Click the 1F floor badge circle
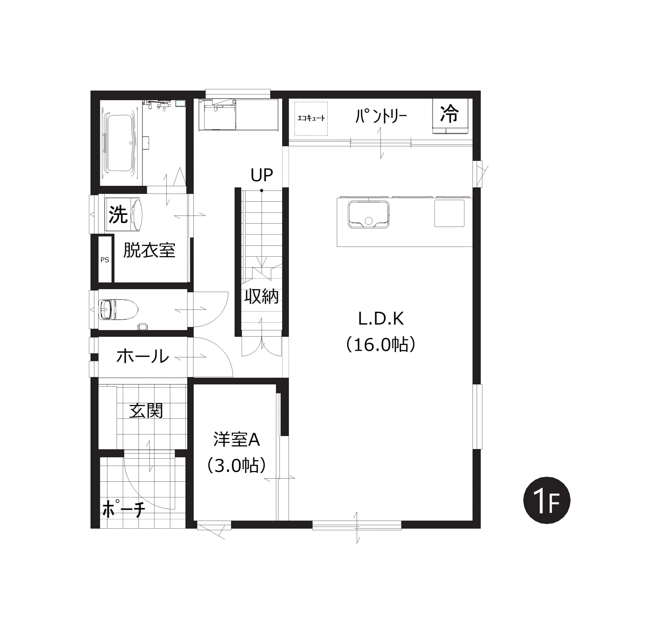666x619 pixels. point(547,501)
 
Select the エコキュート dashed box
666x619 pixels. point(311,118)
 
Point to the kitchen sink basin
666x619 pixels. point(368,214)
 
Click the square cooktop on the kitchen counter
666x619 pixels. point(450,213)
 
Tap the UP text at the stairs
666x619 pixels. point(262,175)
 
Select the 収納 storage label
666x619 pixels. point(261,296)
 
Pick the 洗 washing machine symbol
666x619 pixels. point(124,214)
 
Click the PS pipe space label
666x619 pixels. point(105,260)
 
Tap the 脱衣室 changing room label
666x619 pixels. point(149,250)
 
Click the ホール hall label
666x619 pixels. point(143,356)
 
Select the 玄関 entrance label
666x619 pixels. point(146,411)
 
